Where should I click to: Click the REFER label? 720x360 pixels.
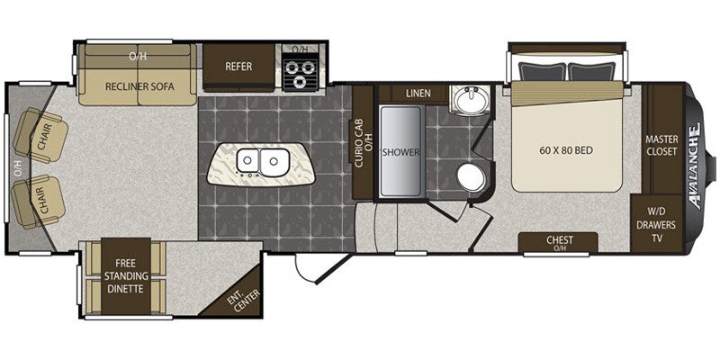point(238,67)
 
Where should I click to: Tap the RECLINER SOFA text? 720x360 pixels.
point(139,86)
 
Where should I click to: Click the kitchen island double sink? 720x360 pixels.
point(260,163)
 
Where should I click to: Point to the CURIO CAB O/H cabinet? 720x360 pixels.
point(363,142)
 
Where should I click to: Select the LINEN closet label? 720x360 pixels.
point(418,94)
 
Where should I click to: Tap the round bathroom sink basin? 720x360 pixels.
point(469,99)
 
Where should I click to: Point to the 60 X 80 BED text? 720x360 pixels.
point(567,150)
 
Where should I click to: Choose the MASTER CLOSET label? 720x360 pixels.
point(661,145)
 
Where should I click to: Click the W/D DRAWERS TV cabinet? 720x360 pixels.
point(657,224)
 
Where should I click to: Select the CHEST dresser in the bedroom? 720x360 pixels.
point(558,242)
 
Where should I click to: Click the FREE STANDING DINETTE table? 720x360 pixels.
point(126,276)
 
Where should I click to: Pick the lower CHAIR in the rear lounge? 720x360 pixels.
point(38,202)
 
